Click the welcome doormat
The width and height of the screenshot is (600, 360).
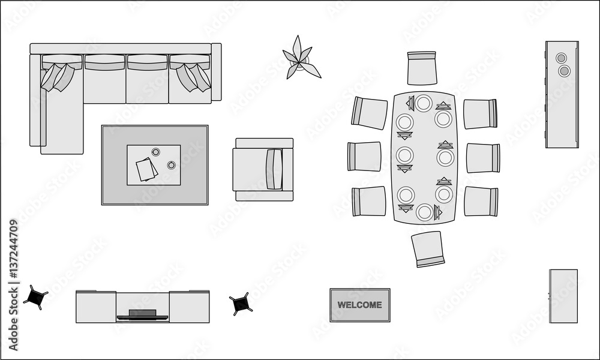(x=359, y=305)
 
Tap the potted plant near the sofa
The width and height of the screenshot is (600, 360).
(x=300, y=59)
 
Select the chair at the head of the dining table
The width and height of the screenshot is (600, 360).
(x=422, y=68)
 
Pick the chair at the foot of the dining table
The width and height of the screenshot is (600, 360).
(x=428, y=248)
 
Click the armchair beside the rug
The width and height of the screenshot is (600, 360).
(x=263, y=169)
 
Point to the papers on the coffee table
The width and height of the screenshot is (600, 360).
(x=146, y=169)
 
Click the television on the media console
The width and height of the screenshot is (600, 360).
(x=143, y=314)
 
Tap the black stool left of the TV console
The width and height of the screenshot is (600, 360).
(x=35, y=297)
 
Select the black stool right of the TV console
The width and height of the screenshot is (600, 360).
(x=241, y=304)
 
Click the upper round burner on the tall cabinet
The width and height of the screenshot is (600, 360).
(x=561, y=58)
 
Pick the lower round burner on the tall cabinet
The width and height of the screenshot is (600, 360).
(x=564, y=71)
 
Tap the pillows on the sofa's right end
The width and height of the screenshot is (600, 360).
(x=193, y=77)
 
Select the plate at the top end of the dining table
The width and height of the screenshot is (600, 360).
(x=424, y=103)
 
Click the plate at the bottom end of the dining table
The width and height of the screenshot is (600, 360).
(x=424, y=212)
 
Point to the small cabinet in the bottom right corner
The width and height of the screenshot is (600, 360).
(x=563, y=296)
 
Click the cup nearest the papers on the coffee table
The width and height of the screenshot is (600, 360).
(x=155, y=152)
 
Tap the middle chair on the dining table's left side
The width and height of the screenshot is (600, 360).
(x=364, y=157)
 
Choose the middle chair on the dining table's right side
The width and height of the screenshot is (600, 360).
(x=483, y=158)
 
